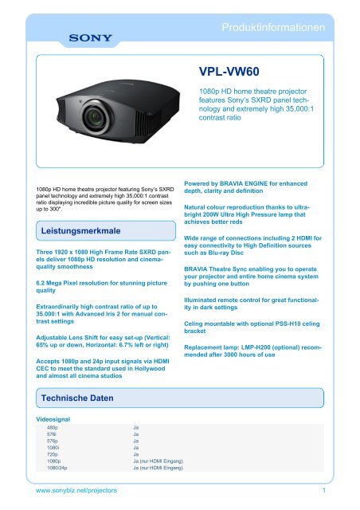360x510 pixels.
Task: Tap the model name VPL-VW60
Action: coord(229,71)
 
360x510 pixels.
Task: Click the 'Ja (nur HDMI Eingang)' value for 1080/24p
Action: coord(158,469)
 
